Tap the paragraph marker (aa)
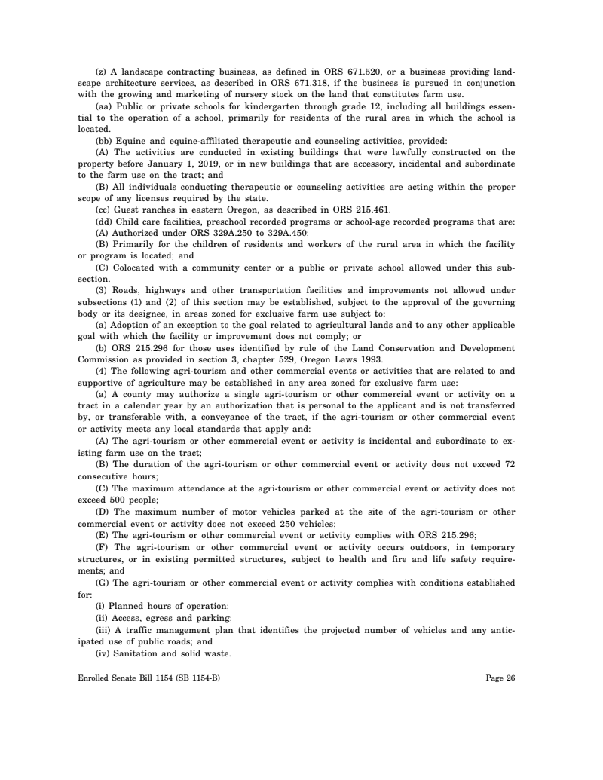[x=103, y=106]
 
